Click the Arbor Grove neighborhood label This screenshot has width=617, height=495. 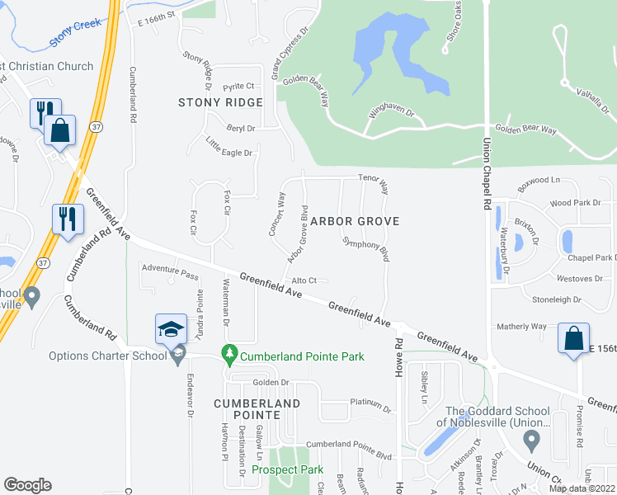pyautogui.click(x=355, y=221)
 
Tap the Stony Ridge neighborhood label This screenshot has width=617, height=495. pyautogui.click(x=220, y=102)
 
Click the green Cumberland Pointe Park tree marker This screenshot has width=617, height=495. pyautogui.click(x=230, y=356)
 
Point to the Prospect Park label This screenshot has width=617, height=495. pyautogui.click(x=287, y=469)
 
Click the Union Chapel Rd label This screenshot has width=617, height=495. pyautogui.click(x=487, y=178)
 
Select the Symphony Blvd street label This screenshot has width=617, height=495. pyautogui.click(x=365, y=248)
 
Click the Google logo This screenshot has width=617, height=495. pyautogui.click(x=27, y=485)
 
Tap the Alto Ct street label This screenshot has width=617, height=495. pyautogui.click(x=304, y=281)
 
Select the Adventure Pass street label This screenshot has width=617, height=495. pyautogui.click(x=170, y=269)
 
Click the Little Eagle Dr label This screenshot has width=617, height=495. pyautogui.click(x=228, y=148)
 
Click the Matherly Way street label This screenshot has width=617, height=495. pyautogui.click(x=521, y=327)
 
